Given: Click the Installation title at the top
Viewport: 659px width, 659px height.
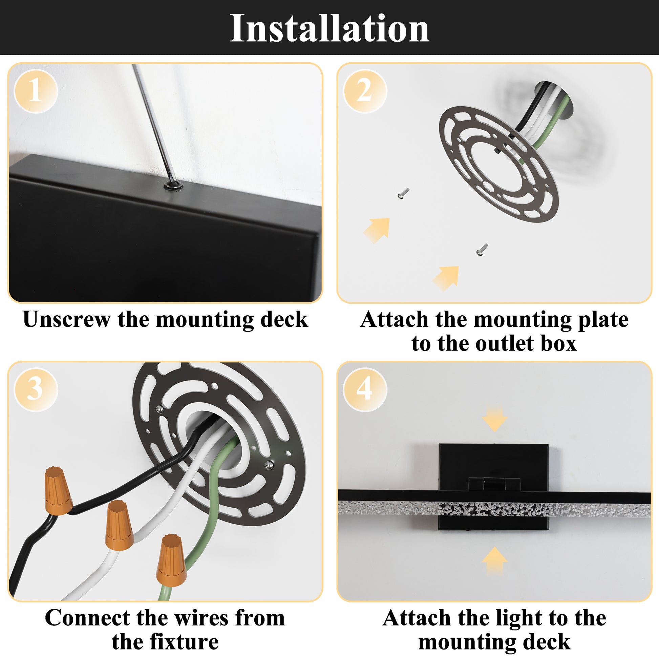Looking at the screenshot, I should [329, 29].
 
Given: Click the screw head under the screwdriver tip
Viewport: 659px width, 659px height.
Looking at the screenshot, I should [173, 186].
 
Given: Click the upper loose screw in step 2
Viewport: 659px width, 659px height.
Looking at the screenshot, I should [403, 194].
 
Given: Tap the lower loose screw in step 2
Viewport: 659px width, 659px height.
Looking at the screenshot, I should [482, 250].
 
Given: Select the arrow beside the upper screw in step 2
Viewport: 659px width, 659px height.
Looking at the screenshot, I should [378, 230].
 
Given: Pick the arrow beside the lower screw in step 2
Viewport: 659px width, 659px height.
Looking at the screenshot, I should [446, 278].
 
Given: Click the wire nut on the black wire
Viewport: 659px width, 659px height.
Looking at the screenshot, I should [58, 491].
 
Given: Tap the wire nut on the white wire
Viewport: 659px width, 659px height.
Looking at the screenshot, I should [119, 525].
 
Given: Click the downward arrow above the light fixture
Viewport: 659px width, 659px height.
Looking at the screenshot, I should [494, 419].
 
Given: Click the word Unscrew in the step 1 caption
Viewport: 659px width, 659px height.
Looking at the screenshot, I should [67, 320].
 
